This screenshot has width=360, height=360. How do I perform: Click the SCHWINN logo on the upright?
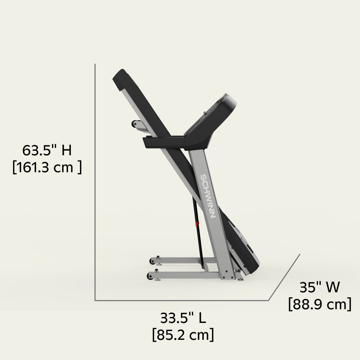click(208, 197)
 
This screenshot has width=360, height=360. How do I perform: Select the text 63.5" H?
click(47, 150)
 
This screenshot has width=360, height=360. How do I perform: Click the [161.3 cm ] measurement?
click(47, 167)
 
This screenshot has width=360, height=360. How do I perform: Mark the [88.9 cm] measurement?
click(320, 305)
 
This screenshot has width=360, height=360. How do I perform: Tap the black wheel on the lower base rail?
click(150, 276)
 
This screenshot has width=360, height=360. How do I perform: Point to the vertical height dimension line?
click(95, 180)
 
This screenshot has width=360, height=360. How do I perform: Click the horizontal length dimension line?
click(180, 300)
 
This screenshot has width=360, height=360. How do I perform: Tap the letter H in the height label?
click(66, 150)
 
